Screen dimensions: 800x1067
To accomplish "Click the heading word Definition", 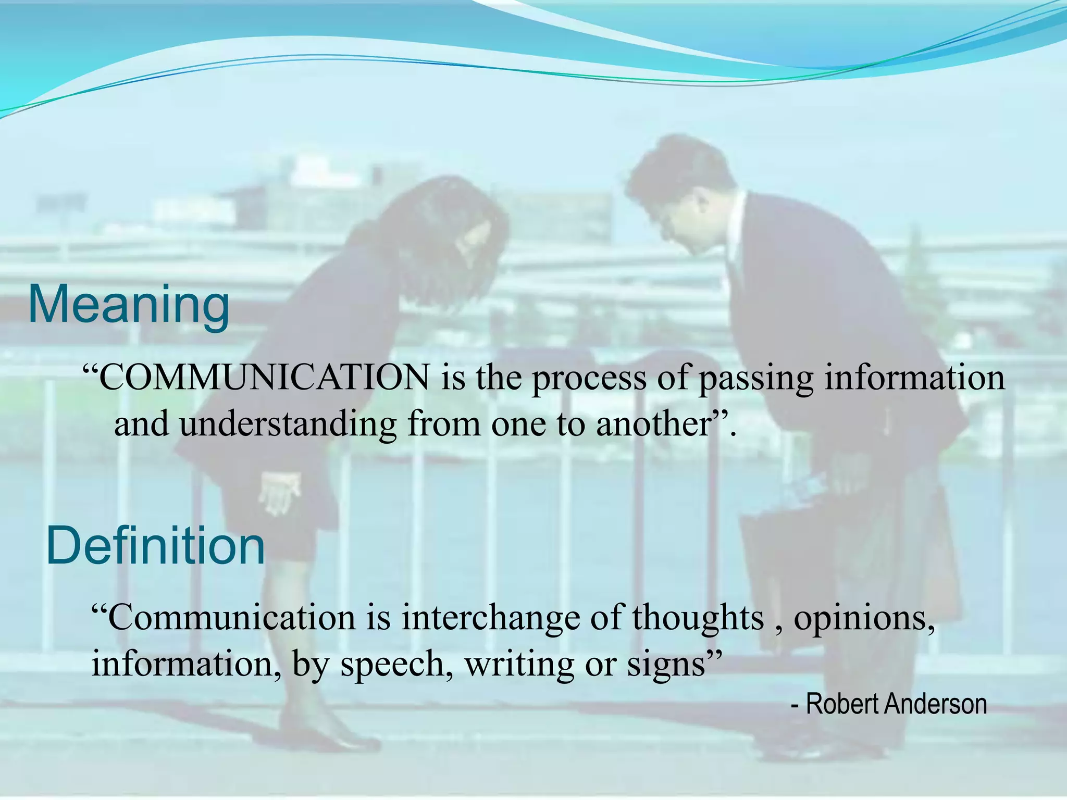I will click(156, 546).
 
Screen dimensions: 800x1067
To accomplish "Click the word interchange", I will click(490, 618).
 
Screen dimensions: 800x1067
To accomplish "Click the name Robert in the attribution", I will click(843, 704).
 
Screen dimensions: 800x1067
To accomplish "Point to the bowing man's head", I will click(677, 198).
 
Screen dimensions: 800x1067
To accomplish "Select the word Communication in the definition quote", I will click(232, 618).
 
